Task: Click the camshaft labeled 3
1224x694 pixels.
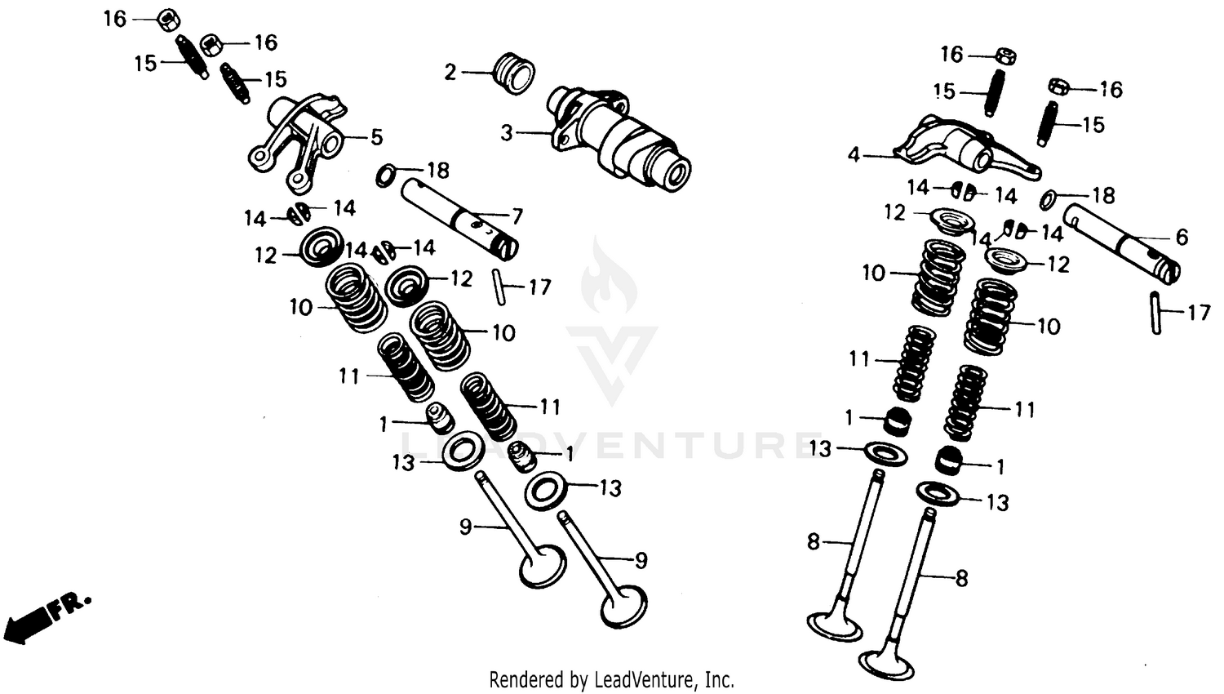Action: (x=620, y=139)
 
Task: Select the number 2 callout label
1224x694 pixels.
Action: (x=450, y=72)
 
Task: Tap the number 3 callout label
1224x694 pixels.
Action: (x=507, y=132)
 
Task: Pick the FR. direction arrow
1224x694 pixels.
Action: (x=45, y=616)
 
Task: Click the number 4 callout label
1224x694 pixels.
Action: (x=854, y=154)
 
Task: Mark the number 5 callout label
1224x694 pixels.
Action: (x=376, y=136)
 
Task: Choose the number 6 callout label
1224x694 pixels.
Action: (x=1182, y=237)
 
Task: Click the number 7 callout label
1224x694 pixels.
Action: (x=517, y=216)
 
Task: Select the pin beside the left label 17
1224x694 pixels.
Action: (x=498, y=286)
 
